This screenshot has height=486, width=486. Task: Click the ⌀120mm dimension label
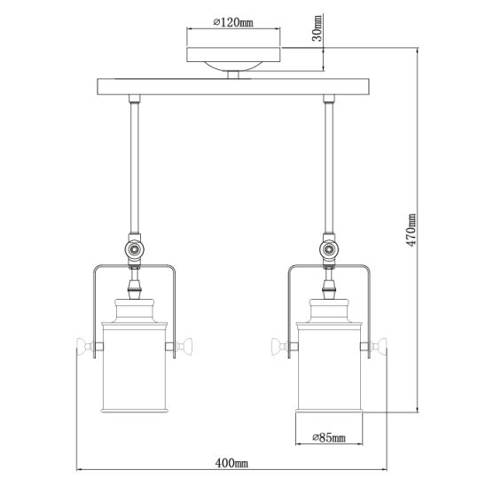tap(233, 22)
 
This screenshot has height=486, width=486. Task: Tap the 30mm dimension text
tap(317, 28)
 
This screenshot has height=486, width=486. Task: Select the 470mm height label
tap(412, 230)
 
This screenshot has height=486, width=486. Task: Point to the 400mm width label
tap(231, 463)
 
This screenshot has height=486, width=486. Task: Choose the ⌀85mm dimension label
tap(329, 437)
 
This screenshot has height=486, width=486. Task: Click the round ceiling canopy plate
tap(234, 55)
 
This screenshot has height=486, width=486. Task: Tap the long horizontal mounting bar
tap(233, 87)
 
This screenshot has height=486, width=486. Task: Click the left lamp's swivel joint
tap(134, 249)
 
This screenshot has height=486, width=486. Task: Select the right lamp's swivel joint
tap(329, 249)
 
